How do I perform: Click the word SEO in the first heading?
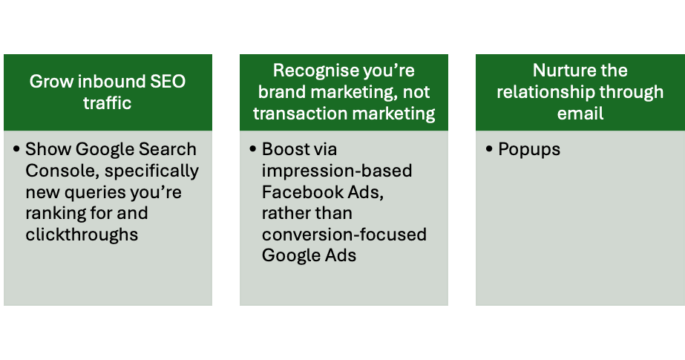pyautogui.click(x=168, y=82)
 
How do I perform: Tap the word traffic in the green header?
pyautogui.click(x=108, y=103)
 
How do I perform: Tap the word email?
pyautogui.click(x=580, y=114)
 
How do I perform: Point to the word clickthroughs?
pyautogui.click(x=82, y=235)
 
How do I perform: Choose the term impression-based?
pyautogui.click(x=337, y=171)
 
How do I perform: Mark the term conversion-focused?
pyautogui.click(x=344, y=235)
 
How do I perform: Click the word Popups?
pyautogui.click(x=529, y=150)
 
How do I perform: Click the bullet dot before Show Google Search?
pyautogui.click(x=16, y=149)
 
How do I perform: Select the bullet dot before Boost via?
pyautogui.click(x=253, y=149)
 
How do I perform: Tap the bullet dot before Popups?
pyautogui.click(x=489, y=149)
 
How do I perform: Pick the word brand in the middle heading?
pyautogui.click(x=282, y=92)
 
